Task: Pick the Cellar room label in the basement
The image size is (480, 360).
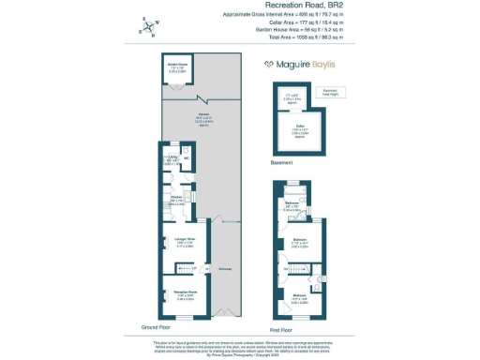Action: [301, 127]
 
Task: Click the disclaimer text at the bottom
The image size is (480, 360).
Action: [240, 347]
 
